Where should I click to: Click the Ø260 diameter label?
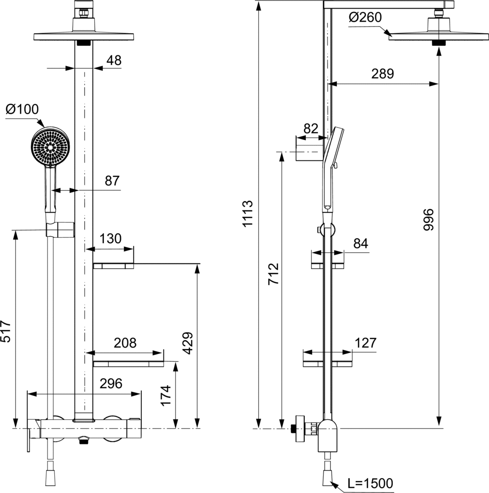(365, 17)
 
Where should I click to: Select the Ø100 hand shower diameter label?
(22, 109)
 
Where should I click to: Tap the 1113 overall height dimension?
(248, 213)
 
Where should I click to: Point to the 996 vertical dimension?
(428, 220)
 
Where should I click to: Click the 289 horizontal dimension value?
(383, 74)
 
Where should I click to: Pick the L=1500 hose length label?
(370, 483)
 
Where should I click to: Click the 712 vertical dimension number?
(274, 274)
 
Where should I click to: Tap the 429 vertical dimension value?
(188, 343)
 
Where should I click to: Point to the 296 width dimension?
(111, 384)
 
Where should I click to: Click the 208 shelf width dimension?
(125, 343)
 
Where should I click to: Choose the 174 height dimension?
(165, 395)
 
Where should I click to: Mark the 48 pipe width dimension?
(114, 60)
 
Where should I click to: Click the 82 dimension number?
(311, 128)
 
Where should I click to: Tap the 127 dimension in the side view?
(365, 343)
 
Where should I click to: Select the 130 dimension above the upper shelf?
(111, 239)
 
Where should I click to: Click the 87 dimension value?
(113, 181)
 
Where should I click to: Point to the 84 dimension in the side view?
(361, 243)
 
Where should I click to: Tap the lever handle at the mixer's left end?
(29, 436)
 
